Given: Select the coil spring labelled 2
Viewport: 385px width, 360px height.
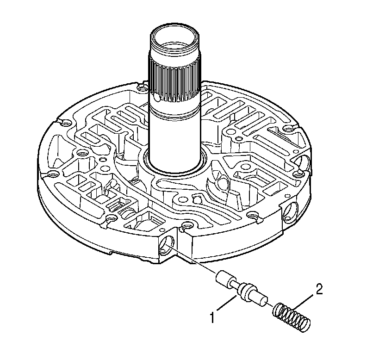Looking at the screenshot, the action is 292,317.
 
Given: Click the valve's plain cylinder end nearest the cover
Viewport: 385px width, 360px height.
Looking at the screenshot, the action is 224,279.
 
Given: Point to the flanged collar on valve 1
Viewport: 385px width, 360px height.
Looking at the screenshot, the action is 244,292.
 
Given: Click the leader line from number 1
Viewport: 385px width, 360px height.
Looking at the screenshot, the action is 226,306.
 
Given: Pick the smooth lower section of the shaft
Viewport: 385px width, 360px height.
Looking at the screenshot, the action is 174,139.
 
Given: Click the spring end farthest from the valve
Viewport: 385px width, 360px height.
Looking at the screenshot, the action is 304,324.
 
